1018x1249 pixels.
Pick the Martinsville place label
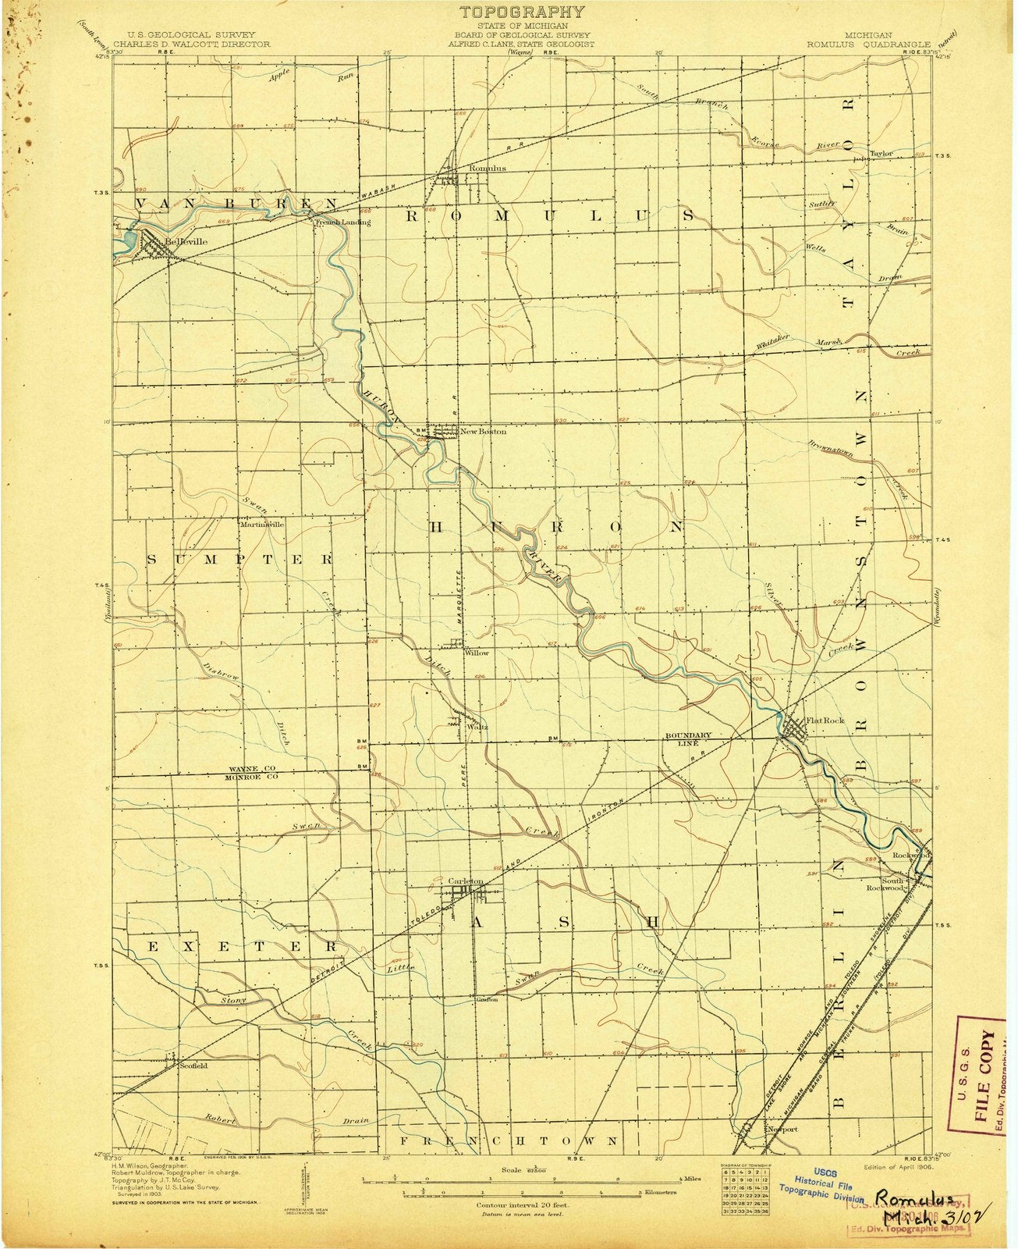tap(261, 525)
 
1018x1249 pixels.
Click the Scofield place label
tap(193, 1066)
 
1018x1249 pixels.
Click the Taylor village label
tap(880, 153)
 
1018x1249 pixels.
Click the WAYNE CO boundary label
tap(249, 769)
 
